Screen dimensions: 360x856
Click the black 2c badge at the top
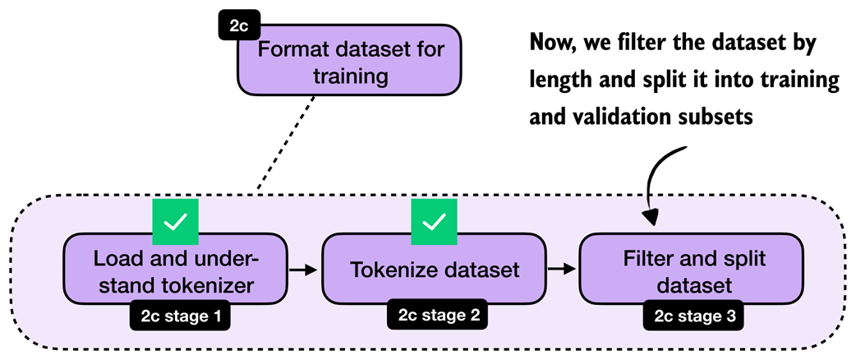(238, 25)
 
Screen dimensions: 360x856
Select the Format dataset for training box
(352, 63)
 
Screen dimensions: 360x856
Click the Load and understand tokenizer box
(175, 270)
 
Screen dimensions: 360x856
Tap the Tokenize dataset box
(433, 270)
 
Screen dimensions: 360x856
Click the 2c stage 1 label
(178, 315)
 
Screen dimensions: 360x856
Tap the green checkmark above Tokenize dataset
(434, 221)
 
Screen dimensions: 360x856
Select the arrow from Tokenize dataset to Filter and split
(562, 269)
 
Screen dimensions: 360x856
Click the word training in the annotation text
(789, 81)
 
